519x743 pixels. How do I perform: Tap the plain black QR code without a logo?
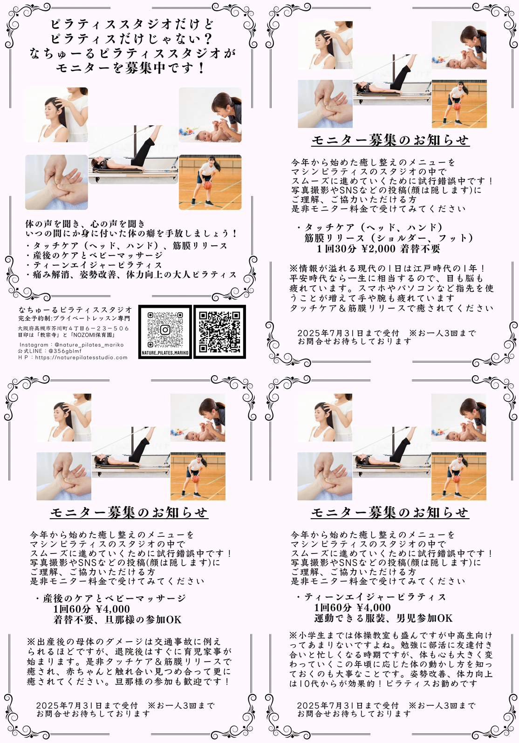click(219, 331)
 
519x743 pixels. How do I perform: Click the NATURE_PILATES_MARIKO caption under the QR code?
click(165, 353)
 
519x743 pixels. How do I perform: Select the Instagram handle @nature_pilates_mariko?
click(89, 345)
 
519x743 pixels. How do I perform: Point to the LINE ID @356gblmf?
click(65, 351)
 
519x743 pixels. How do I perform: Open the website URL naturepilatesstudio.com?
click(82, 358)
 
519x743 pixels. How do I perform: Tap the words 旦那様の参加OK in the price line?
click(143, 620)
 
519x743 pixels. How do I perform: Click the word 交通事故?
click(176, 642)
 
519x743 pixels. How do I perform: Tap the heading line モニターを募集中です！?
click(131, 68)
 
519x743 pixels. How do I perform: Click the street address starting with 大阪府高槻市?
click(73, 328)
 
